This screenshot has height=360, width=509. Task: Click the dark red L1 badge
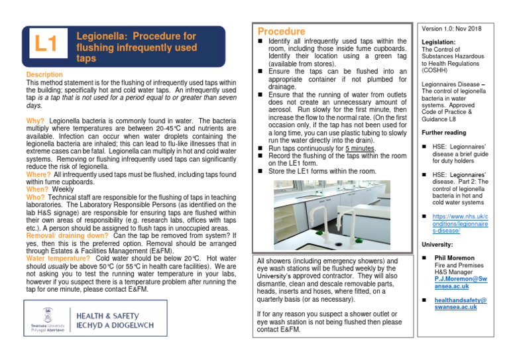(45, 46)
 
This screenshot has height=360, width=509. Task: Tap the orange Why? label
(35, 121)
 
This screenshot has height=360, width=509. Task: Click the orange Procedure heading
(281, 31)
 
